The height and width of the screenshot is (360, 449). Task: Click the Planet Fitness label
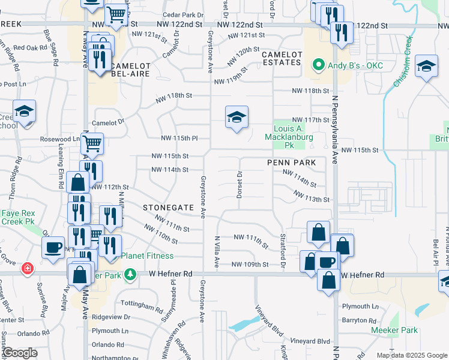point(147,256)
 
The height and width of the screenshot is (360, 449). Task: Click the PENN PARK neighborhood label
point(292,163)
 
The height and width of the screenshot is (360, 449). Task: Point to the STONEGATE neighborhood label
point(169,207)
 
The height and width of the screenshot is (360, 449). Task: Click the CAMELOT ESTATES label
point(281,58)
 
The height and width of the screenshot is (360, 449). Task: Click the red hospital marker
point(26,268)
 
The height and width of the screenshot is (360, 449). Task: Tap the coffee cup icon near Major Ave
point(53,247)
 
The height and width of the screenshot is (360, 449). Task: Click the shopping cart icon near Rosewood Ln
point(92,143)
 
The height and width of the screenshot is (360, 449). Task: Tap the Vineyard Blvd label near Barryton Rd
point(310,341)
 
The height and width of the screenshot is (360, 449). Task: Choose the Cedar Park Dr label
point(183,14)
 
